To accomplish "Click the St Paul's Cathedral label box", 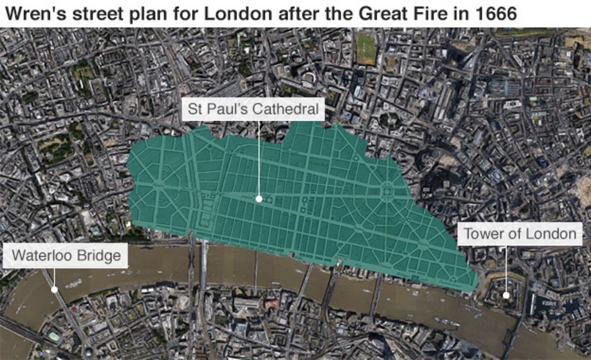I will pos(253,110).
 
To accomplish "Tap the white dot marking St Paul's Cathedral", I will pos(259,198).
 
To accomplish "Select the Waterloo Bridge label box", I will pos(67,255).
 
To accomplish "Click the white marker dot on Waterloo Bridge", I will pos(54,289).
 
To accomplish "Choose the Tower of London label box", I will pos(520,234).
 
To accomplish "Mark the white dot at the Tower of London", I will pos(506,295).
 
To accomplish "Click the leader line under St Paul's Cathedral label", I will pos(259,157).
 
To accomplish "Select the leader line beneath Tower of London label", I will pos(506,269).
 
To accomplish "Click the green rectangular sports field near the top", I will pos(366,49).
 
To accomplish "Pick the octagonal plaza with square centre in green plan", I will pos(385,193).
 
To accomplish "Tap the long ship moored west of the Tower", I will pos(449,321).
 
